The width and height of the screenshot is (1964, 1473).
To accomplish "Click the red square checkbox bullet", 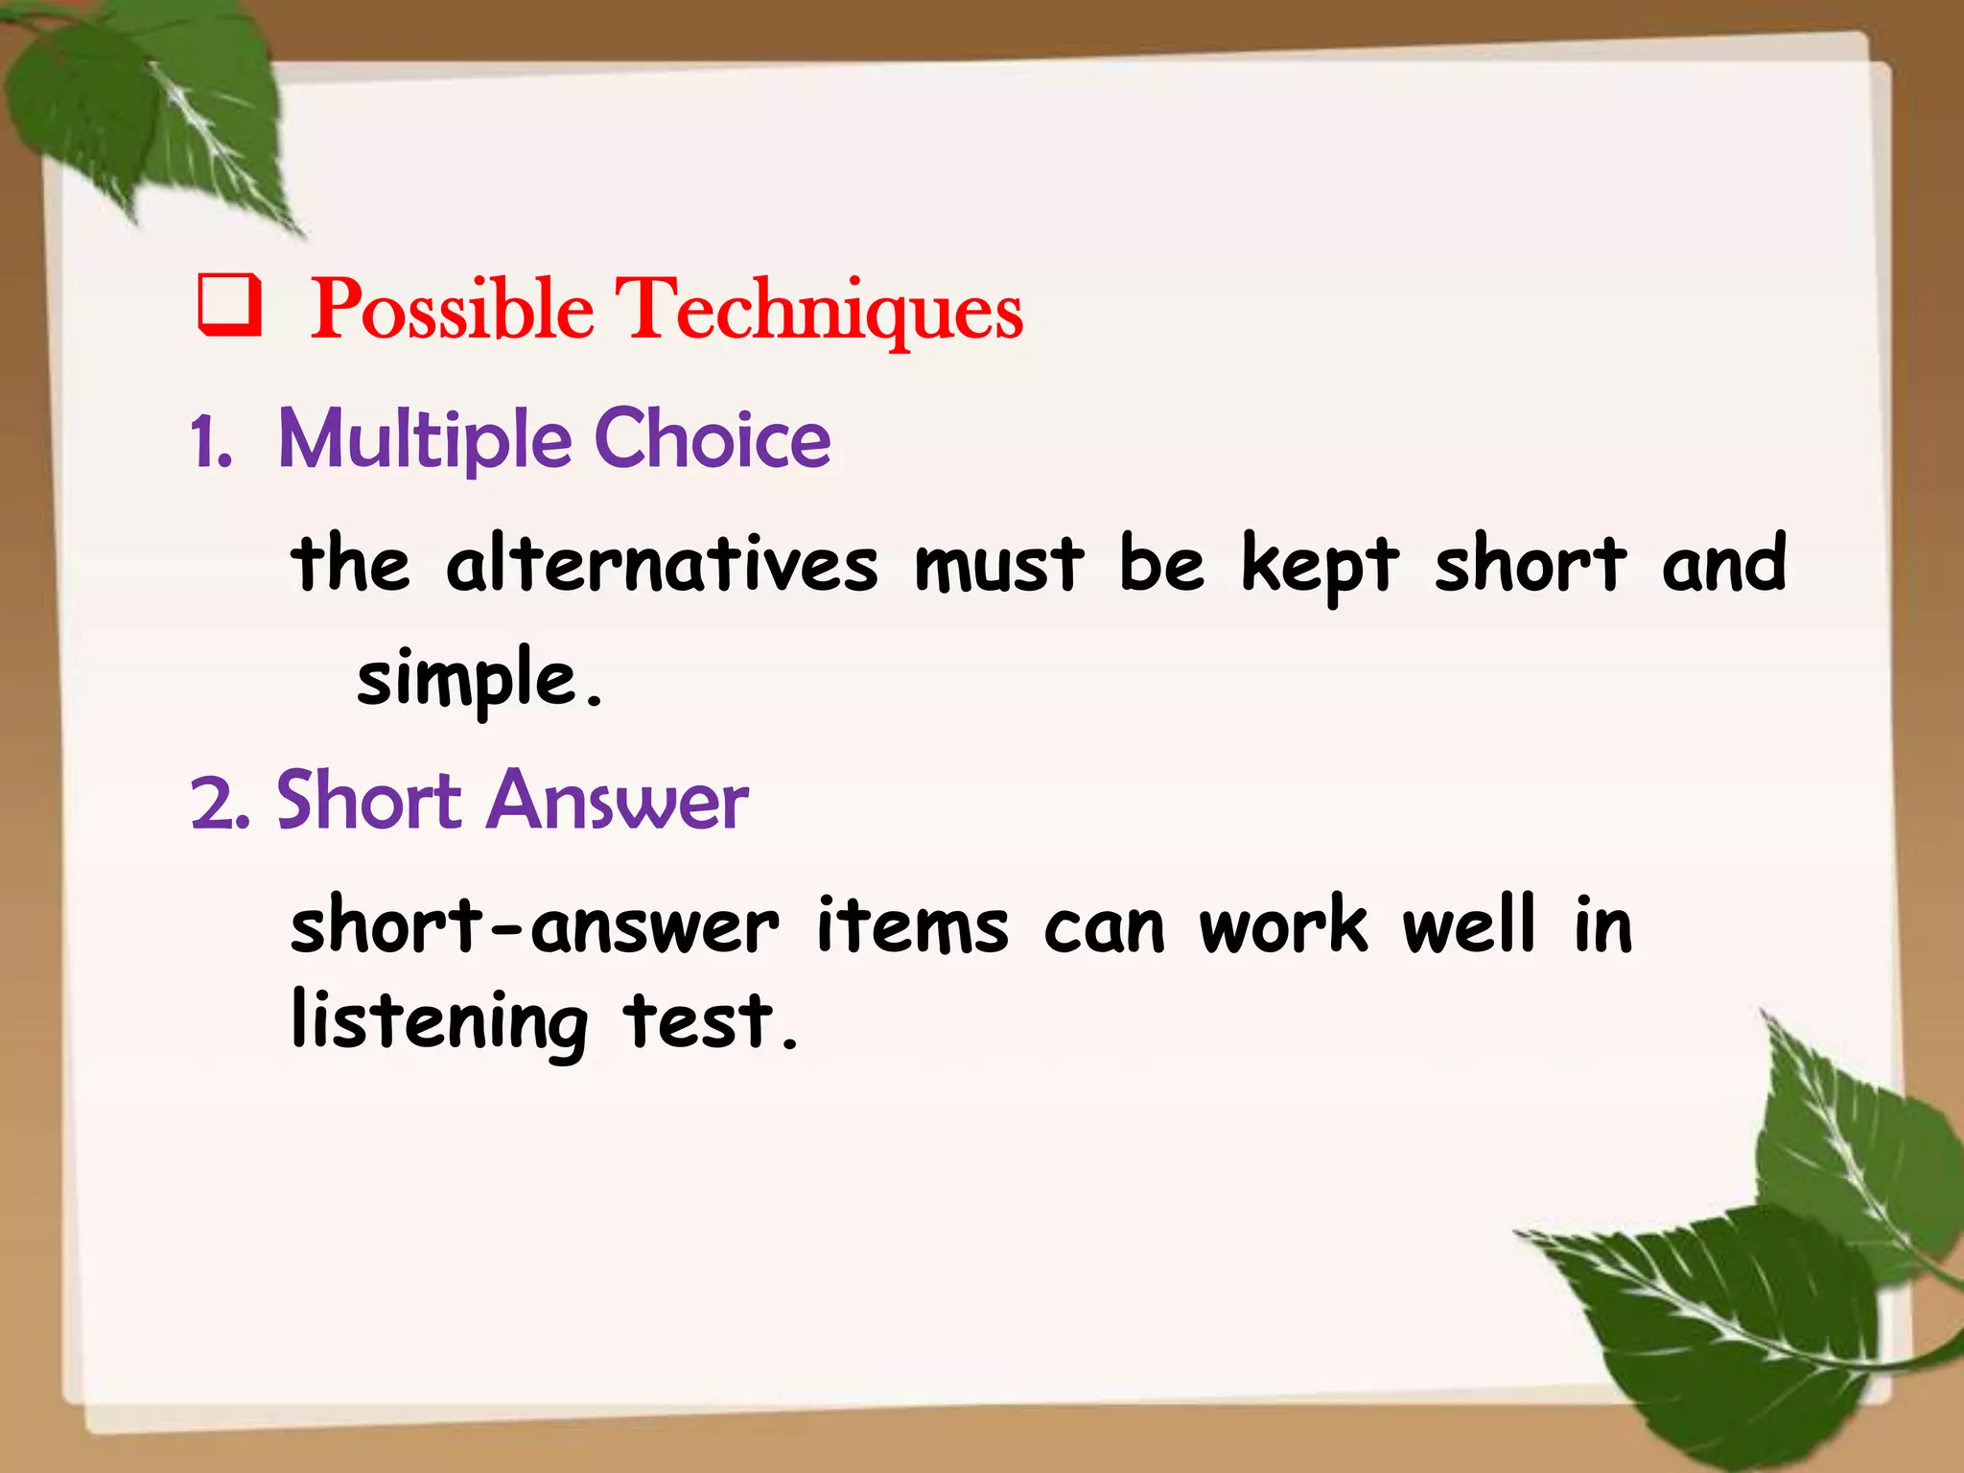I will tap(228, 305).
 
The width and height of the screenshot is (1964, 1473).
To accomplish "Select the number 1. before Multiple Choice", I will tap(211, 443).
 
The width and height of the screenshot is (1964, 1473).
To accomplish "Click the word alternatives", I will tap(661, 564).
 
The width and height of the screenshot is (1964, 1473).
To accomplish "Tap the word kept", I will tap(1319, 566).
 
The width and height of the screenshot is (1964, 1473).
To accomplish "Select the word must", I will tap(998, 564).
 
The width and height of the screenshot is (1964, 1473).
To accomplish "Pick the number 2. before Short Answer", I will tap(220, 804).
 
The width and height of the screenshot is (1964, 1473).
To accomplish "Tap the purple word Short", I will tap(369, 802).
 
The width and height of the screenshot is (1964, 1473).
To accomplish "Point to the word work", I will tap(1282, 926).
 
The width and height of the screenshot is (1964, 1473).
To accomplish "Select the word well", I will tap(1467, 924).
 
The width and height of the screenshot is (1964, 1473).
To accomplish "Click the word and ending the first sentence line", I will tap(1723, 564).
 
